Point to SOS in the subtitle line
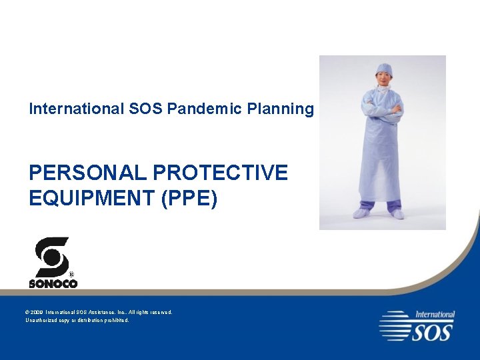(x=145, y=109)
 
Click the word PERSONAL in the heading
(x=87, y=173)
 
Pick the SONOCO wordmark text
(x=53, y=283)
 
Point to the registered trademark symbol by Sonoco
(x=72, y=274)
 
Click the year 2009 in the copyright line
(x=37, y=312)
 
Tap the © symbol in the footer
(x=27, y=312)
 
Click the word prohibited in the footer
(x=115, y=320)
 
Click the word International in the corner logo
(x=435, y=314)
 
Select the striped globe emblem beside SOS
(x=395, y=325)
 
